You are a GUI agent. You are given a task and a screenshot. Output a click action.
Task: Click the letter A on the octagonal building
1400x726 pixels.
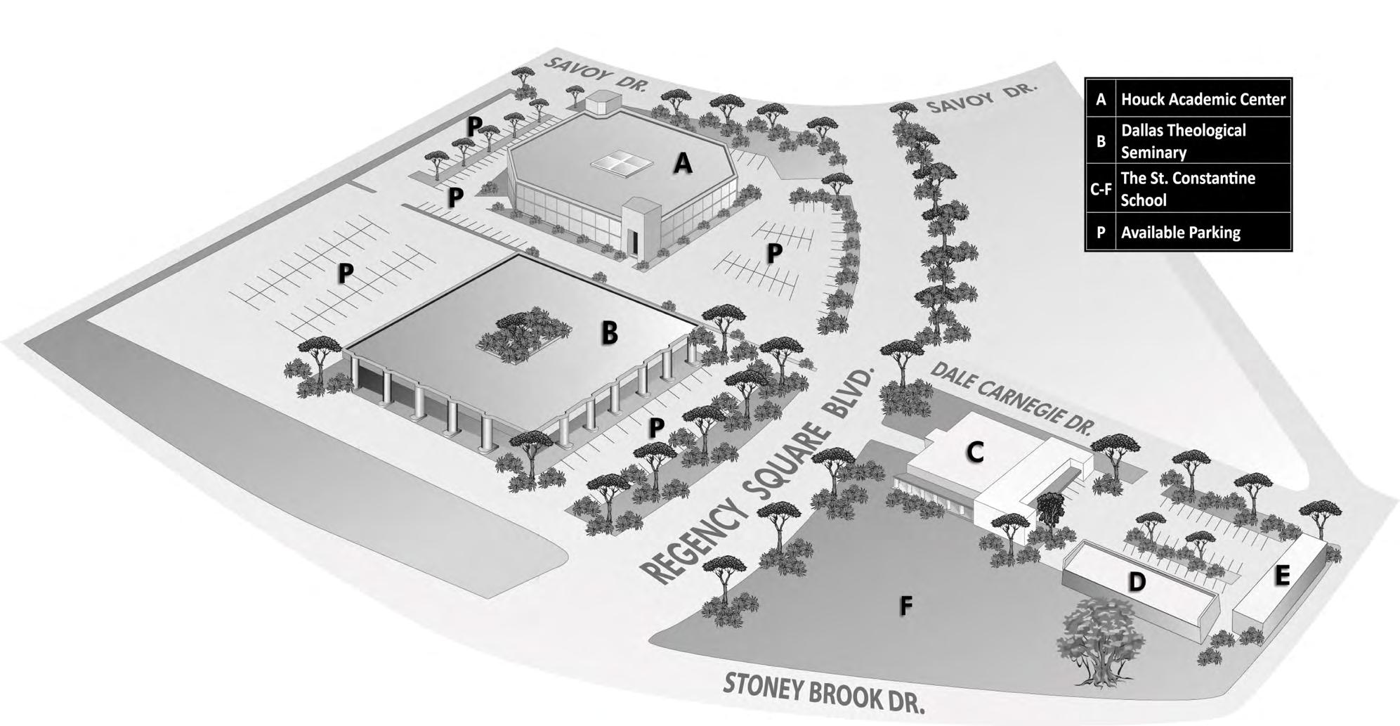tap(682, 164)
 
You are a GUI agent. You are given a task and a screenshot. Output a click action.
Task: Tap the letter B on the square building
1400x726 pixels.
tap(609, 332)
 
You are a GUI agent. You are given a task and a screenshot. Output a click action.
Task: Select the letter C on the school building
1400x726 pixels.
tap(974, 452)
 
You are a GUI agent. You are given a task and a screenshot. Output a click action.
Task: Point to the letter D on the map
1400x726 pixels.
tap(1136, 581)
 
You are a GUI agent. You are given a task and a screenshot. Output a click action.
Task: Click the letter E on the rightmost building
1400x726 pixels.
tap(1282, 575)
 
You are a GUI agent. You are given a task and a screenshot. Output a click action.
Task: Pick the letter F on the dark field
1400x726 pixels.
tap(906, 605)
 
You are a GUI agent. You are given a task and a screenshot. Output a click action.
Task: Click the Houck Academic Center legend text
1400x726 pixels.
tap(1203, 100)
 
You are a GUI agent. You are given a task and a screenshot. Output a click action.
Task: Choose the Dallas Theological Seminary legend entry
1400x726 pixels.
tap(1183, 141)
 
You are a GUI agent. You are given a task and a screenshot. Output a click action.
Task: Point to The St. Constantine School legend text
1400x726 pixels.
tap(1187, 188)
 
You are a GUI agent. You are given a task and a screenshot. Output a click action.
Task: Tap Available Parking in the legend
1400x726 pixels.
tap(1180, 233)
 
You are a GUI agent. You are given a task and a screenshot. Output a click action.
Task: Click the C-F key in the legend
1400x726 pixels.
tap(1100, 188)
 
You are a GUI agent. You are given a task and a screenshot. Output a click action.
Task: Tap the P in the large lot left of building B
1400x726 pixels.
tap(344, 273)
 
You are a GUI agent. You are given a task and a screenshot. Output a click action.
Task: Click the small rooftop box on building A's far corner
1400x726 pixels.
tap(601, 103)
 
